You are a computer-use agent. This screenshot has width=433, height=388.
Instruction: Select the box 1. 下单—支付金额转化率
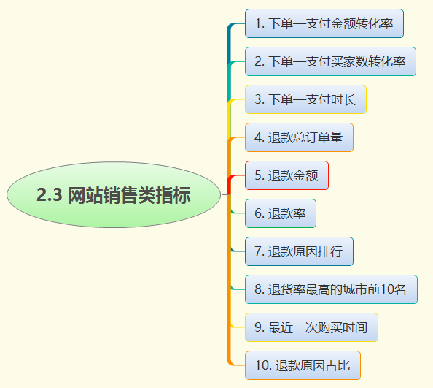tap(324, 23)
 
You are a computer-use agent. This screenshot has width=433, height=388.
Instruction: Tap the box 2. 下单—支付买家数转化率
tap(330, 61)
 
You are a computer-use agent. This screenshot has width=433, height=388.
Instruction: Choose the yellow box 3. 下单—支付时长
tap(305, 99)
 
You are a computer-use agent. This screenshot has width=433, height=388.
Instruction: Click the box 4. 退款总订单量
tap(299, 137)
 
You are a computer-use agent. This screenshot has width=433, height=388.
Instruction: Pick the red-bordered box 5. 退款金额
tap(286, 175)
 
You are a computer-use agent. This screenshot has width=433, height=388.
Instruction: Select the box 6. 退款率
tap(280, 213)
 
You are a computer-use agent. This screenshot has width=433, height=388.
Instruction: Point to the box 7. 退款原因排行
tap(299, 251)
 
